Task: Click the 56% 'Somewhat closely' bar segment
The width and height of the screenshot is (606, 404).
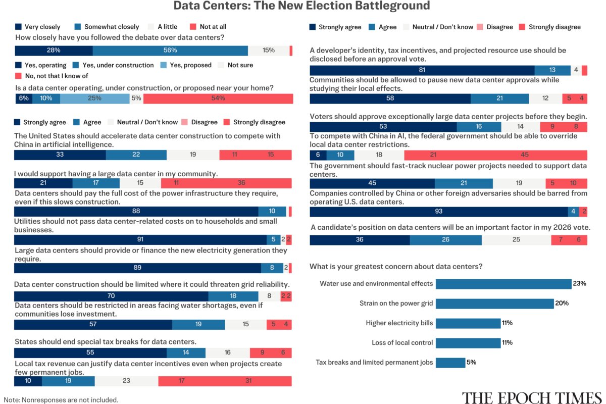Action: tap(170, 50)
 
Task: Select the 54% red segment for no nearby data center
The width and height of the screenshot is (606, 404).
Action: tap(218, 98)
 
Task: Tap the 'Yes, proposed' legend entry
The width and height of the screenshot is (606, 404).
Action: tap(186, 65)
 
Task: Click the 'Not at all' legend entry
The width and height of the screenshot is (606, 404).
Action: tap(208, 27)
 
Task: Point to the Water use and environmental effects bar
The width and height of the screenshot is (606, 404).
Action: tap(503, 284)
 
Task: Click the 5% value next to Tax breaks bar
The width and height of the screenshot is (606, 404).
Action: tap(471, 362)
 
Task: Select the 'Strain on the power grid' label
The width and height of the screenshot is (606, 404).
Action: tap(396, 304)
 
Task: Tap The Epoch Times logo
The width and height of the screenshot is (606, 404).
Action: tap(532, 397)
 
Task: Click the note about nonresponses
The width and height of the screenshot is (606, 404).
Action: tap(61, 399)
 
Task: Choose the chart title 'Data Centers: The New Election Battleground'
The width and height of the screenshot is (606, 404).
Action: tap(301, 6)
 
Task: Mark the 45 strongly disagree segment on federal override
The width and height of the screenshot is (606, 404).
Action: tap(525, 155)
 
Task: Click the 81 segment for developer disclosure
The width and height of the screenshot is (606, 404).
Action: tap(422, 70)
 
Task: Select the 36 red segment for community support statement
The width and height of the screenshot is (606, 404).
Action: tap(241, 183)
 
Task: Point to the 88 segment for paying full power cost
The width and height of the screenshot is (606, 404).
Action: tap(136, 212)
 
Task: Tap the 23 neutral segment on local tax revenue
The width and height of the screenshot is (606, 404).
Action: tap(126, 381)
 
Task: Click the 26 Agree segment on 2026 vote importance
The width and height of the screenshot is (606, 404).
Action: tap(445, 240)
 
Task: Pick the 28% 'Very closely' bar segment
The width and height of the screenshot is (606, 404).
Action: tap(54, 50)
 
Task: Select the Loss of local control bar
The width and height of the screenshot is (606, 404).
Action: tap(468, 343)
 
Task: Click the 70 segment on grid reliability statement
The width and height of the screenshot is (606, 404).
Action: tap(111, 296)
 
